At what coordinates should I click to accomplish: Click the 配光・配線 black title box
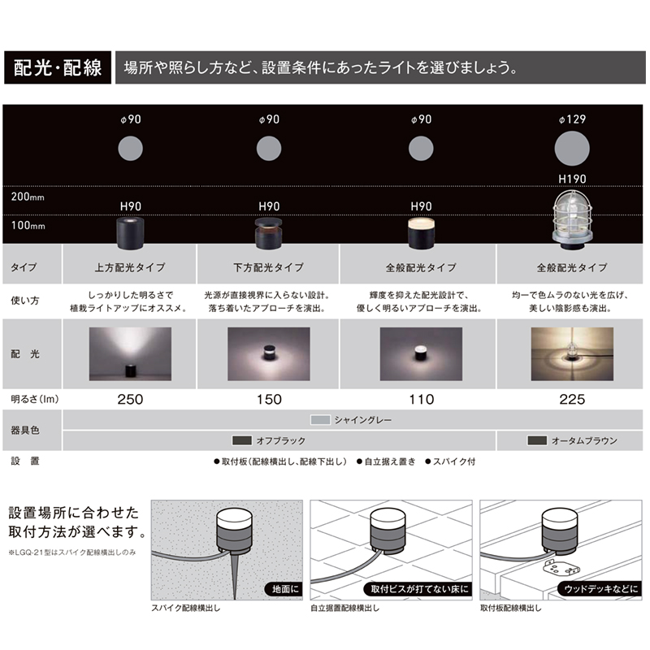[58, 67]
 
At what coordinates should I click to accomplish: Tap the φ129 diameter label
[572, 119]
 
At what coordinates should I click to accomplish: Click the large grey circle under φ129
[572, 149]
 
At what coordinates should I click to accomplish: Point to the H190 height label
[572, 179]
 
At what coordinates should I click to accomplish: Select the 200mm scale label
[28, 197]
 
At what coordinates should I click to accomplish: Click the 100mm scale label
[28, 226]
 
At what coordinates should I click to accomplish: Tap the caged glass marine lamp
[572, 219]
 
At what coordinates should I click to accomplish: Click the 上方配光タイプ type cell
[130, 267]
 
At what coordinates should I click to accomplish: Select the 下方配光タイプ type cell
[269, 267]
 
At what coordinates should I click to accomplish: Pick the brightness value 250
[130, 399]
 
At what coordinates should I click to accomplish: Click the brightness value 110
[422, 399]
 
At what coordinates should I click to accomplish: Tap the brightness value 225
[572, 399]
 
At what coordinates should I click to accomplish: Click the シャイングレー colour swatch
[320, 420]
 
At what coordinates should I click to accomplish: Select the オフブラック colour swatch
[242, 440]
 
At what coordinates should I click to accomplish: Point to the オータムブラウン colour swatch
[537, 440]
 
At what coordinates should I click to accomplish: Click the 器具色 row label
[25, 431]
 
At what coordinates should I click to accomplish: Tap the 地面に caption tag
[284, 589]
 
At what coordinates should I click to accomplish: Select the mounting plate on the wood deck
[561, 567]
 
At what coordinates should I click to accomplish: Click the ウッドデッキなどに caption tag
[600, 589]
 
